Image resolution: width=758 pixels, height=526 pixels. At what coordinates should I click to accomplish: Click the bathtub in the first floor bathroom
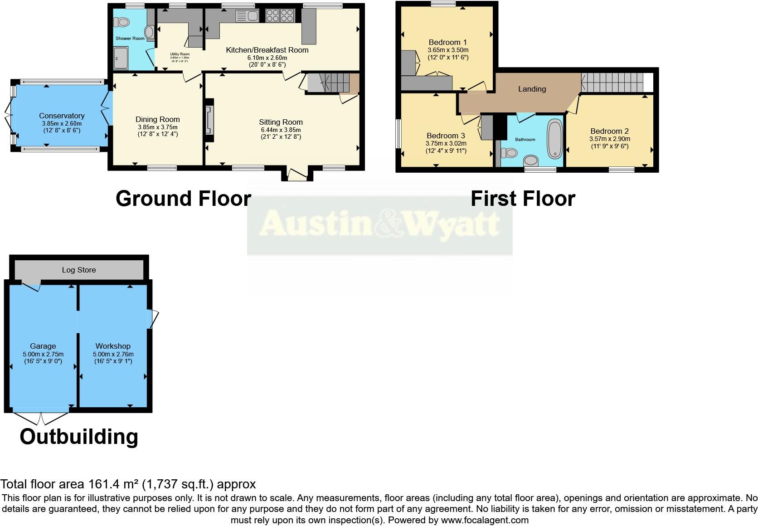coord(554,138)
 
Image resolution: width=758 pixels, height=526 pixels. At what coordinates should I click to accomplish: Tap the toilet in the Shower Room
coord(121,22)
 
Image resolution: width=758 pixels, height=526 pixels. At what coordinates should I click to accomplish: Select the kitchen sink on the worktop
coord(247,16)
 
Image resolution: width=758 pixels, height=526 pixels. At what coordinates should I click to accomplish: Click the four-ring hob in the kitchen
coord(279,16)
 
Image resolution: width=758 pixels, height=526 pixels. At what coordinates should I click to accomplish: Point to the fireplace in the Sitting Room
coord(209,121)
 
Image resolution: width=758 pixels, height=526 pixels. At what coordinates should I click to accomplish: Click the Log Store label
coord(79,270)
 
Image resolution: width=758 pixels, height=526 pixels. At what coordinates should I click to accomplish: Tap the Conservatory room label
coord(62,116)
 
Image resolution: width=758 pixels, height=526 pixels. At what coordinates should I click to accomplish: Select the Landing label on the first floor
coord(532,89)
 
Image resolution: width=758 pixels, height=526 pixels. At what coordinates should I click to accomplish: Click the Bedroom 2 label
coord(609,131)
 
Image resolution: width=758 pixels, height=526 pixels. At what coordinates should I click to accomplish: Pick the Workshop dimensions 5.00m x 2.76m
coord(113,354)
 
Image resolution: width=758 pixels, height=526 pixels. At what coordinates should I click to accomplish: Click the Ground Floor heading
coord(183,199)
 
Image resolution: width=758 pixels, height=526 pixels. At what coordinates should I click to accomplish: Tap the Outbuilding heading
coord(79,436)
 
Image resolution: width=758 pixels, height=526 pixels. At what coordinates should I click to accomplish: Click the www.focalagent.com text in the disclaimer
coord(484,520)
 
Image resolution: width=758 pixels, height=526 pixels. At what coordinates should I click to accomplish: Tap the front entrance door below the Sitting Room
coord(297,175)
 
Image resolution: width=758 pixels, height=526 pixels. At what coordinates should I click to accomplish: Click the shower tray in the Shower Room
coord(121,58)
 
